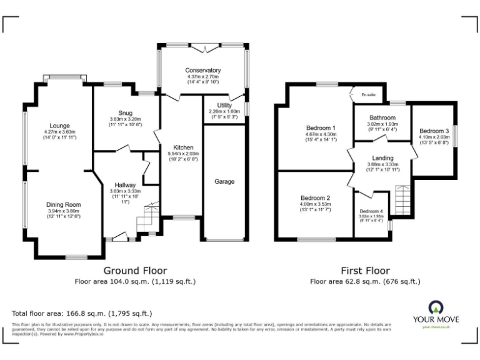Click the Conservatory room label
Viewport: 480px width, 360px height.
coord(203,70)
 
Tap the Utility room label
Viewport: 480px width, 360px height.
coord(224,106)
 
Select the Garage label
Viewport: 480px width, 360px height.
coord(224,182)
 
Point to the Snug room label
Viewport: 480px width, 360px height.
coord(126,112)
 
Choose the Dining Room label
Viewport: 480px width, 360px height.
coord(63,204)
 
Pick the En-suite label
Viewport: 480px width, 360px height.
coord(368,96)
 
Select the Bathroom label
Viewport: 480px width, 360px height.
coord(382,117)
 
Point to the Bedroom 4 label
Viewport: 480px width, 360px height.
coord(371,211)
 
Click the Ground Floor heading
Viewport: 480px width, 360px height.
coord(135,271)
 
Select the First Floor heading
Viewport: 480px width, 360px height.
coord(365,271)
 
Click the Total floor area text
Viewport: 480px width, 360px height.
coord(82,312)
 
